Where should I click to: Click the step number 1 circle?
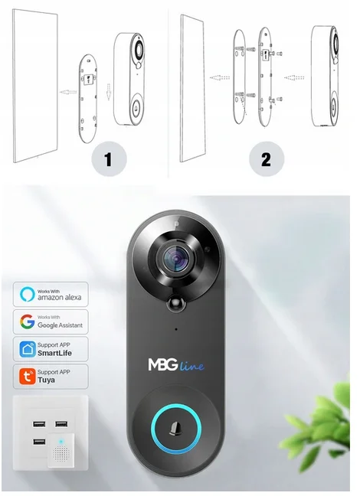pyautogui.click(x=109, y=158)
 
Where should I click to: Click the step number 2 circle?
pyautogui.click(x=267, y=158)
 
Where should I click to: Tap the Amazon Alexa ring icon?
pyautogui.click(x=28, y=294)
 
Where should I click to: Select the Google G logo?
pyautogui.click(x=28, y=321)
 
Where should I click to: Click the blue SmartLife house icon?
pyautogui.click(x=28, y=349)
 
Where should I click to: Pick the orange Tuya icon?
pyautogui.click(x=28, y=377)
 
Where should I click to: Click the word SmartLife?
pyautogui.click(x=55, y=353)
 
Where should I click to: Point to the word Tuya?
pyautogui.click(x=46, y=380)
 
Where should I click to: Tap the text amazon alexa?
pyautogui.click(x=60, y=297)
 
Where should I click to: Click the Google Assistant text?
pyautogui.click(x=61, y=325)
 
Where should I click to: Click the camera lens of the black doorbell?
pyautogui.click(x=176, y=259)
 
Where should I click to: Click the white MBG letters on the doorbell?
pyautogui.click(x=163, y=364)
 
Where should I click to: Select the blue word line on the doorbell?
pyautogui.click(x=192, y=366)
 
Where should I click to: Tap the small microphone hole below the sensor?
pyautogui.click(x=176, y=329)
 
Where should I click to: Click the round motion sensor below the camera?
pyautogui.click(x=176, y=303)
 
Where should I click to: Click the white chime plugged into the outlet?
pyautogui.click(x=61, y=450)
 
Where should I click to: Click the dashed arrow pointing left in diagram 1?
pyautogui.click(x=68, y=92)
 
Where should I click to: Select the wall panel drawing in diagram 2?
pyautogui.click(x=192, y=88)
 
